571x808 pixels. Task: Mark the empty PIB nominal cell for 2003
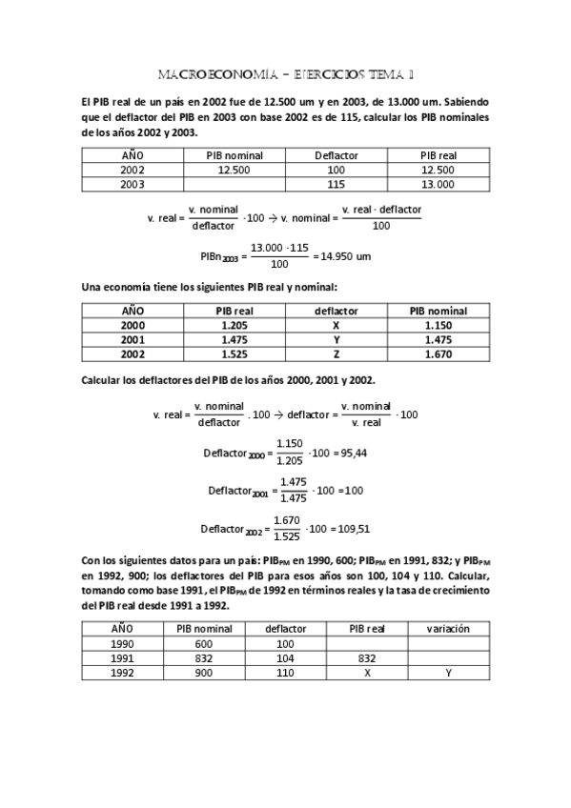[234, 184]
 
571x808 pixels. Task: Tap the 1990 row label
[123, 643]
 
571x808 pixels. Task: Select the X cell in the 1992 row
[367, 672]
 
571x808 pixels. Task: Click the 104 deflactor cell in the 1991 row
[286, 657]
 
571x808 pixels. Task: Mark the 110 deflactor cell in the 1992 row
[286, 672]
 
